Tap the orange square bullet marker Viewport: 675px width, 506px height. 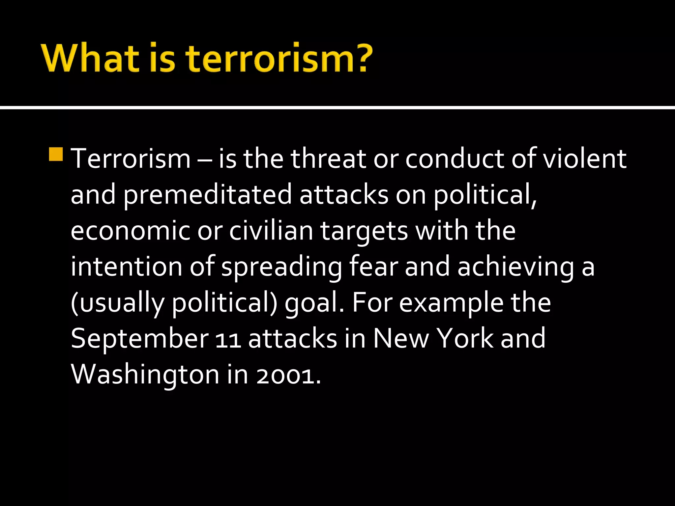tap(56, 154)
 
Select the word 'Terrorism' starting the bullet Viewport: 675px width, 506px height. tap(131, 159)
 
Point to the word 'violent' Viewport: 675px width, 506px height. tap(584, 159)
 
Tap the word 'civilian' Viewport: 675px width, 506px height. tap(271, 230)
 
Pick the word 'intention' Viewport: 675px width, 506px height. tap(126, 267)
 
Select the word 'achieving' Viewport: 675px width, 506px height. tap(516, 267)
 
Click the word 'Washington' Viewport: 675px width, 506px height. tap(145, 375)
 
